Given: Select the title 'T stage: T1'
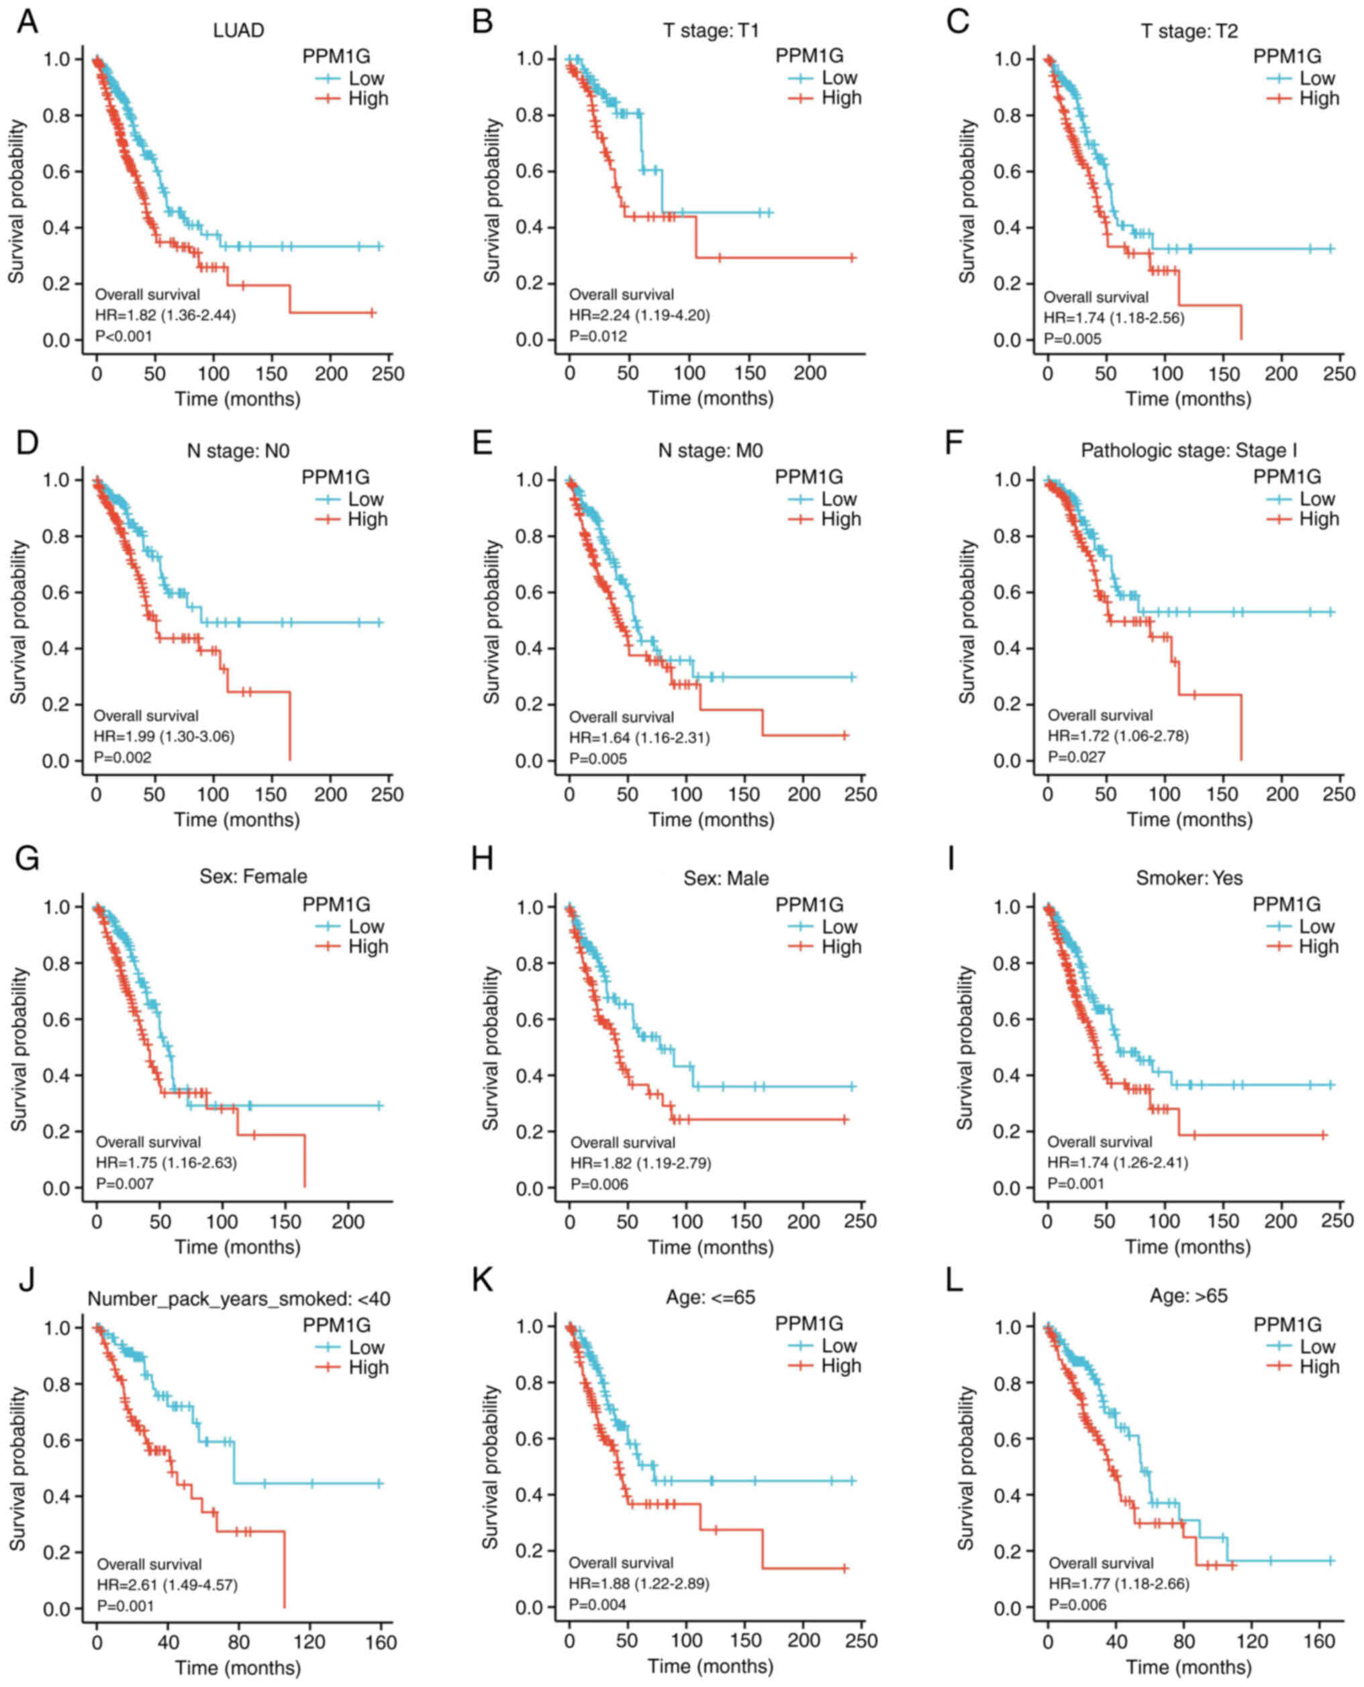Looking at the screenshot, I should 710,31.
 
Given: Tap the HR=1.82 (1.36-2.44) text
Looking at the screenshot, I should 165,315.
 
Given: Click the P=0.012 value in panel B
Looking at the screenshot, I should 598,336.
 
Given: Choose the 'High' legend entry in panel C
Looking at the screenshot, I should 1318,98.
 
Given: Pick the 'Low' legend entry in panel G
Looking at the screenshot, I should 366,926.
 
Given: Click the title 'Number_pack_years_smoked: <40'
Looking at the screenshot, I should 239,1299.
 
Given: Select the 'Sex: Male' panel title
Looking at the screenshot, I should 726,877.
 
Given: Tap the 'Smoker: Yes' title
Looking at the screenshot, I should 1189,877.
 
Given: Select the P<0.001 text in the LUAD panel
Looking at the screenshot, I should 124,336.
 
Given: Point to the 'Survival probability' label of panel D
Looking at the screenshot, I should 17,622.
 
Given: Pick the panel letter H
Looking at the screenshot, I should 482,859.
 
